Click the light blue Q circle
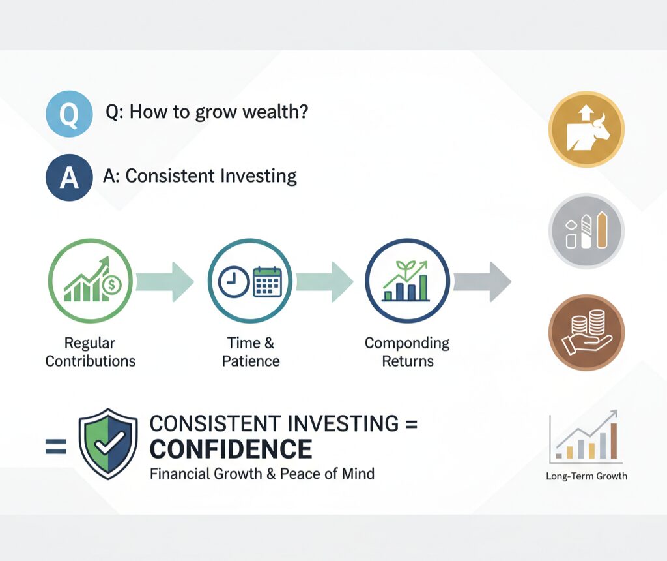(x=69, y=114)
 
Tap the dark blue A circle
(x=69, y=177)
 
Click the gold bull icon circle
(x=586, y=129)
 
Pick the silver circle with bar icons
(x=586, y=230)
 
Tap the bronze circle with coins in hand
(x=586, y=332)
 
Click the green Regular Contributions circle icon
(x=90, y=280)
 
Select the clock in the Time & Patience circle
(x=234, y=282)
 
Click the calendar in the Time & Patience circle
(x=267, y=282)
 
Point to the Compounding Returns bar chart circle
(x=408, y=280)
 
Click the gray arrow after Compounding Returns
(x=482, y=282)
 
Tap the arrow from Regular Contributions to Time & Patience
(x=165, y=282)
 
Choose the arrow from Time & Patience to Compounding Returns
(x=324, y=282)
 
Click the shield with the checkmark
(x=108, y=444)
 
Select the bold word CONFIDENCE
(x=231, y=449)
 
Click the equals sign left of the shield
(x=56, y=447)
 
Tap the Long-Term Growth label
(x=587, y=476)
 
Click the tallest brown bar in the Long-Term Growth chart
(x=614, y=441)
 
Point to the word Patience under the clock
(x=251, y=361)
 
